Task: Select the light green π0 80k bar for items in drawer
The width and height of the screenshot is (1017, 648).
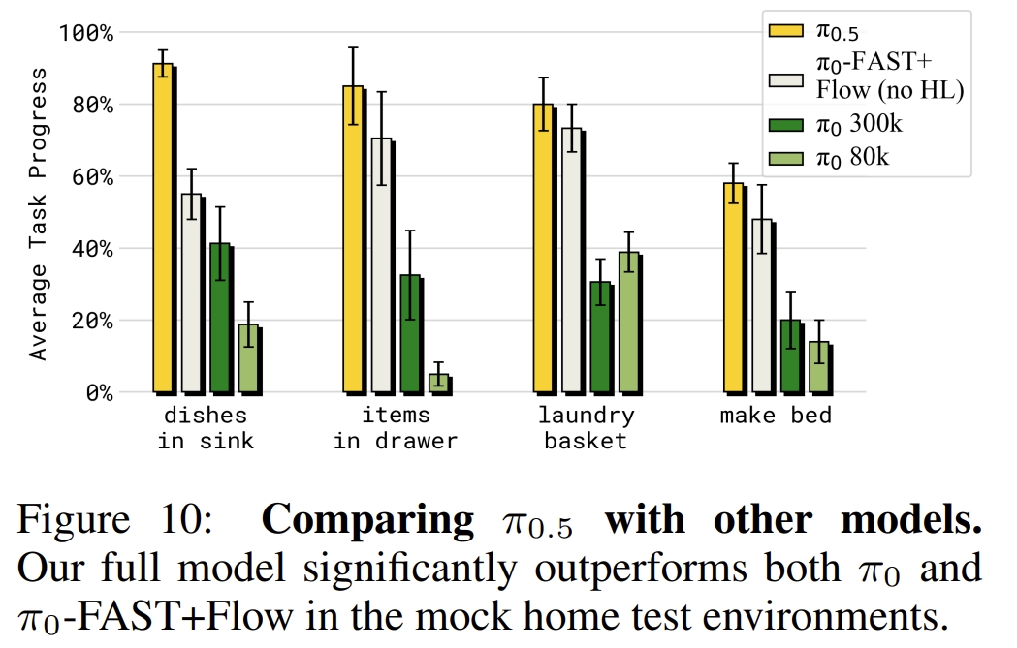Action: tap(439, 382)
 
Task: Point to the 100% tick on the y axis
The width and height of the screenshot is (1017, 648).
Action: tap(86, 33)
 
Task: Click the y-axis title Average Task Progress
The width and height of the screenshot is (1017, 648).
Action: tap(38, 214)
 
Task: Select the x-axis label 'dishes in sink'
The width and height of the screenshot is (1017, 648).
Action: tap(206, 428)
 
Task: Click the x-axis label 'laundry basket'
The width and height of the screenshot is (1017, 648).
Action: tap(586, 428)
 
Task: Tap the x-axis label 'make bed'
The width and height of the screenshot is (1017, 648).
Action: tap(776, 417)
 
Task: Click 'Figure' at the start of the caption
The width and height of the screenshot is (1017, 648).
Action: tap(73, 519)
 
